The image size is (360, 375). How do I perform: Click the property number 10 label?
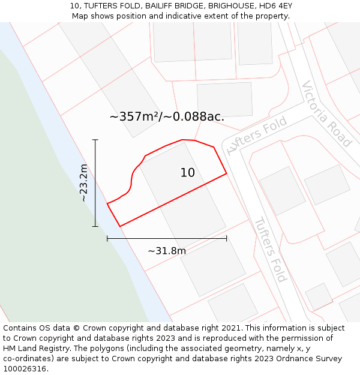pyautogui.click(x=187, y=173)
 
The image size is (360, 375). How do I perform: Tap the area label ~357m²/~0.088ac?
pyautogui.click(x=167, y=116)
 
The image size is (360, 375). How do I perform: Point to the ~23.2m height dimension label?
pyautogui.click(x=84, y=182)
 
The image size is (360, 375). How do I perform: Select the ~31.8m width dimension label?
pyautogui.click(x=167, y=251)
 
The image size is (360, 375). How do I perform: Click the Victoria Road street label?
pyautogui.click(x=326, y=113)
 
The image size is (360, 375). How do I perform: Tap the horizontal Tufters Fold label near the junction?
pyautogui.click(x=257, y=135)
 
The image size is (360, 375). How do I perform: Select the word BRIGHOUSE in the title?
pyautogui.click(x=222, y=6)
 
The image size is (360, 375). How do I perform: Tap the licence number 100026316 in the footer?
pyautogui.click(x=26, y=369)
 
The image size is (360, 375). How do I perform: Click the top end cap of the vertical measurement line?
pyautogui.click(x=95, y=140)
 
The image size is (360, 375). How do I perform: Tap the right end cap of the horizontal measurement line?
pyautogui.click(x=227, y=238)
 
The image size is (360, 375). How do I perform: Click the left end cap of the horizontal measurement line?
pyautogui.click(x=107, y=238)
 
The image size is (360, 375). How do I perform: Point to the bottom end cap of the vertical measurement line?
pyautogui.click(x=95, y=226)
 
